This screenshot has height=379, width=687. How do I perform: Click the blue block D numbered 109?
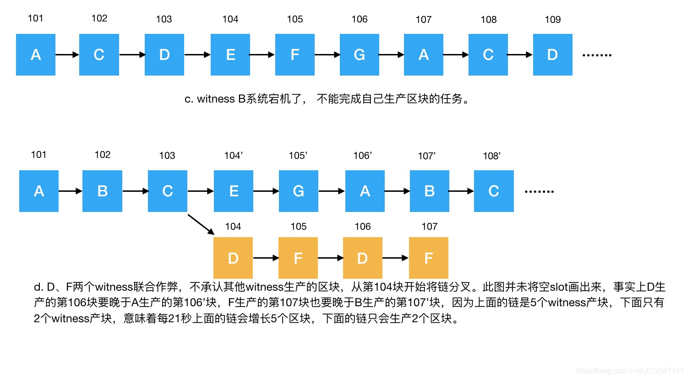(x=552, y=54)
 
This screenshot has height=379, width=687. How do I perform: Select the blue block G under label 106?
(x=359, y=54)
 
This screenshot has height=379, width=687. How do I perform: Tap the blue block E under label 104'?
(x=233, y=191)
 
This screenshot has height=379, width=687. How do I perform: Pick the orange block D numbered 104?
(x=233, y=258)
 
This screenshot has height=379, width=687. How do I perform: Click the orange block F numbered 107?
(x=428, y=258)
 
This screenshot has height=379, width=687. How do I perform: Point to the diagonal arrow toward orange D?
(x=201, y=224)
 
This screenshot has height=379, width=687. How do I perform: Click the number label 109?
(x=552, y=20)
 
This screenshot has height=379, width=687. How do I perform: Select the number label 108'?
(x=491, y=156)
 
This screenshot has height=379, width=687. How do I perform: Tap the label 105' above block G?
(x=298, y=156)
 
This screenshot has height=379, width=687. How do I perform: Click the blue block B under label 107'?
(x=429, y=191)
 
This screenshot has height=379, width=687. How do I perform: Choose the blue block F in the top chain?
(x=294, y=54)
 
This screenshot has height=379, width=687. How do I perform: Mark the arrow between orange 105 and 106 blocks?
(x=330, y=258)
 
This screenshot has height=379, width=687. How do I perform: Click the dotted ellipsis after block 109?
(x=597, y=55)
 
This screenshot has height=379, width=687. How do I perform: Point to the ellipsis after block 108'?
(x=539, y=191)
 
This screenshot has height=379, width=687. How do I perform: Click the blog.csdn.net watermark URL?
(x=629, y=371)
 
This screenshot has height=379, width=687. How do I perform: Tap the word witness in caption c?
(x=216, y=99)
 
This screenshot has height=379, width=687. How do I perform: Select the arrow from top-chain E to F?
(x=262, y=54)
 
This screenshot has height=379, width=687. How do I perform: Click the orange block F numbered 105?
(x=298, y=258)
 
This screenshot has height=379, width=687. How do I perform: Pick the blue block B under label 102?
(x=102, y=191)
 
